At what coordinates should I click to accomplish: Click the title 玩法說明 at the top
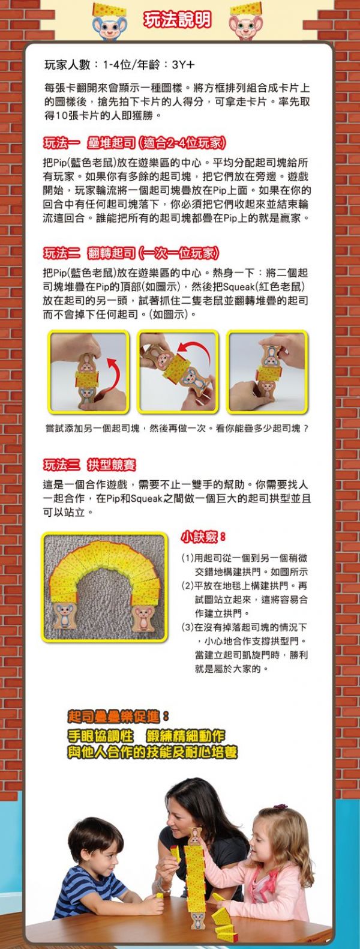click(178, 20)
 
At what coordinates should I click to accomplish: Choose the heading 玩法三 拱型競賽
click(89, 465)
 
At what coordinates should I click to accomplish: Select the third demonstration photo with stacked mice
click(267, 372)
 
